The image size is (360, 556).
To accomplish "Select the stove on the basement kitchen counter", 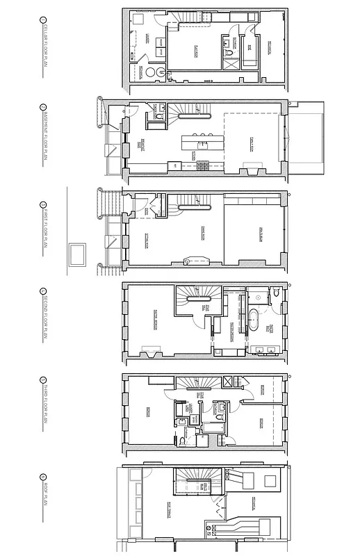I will point(204,165).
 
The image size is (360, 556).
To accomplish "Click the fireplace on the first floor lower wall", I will point(189,261).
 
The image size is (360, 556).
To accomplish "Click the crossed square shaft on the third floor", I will point(227,381).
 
